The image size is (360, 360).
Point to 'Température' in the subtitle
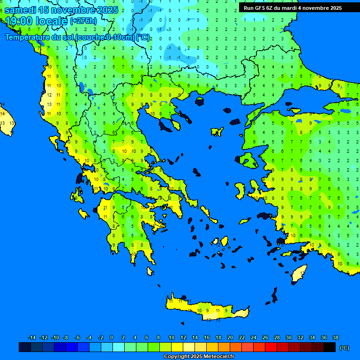29,37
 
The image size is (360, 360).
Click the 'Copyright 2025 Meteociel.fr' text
199,357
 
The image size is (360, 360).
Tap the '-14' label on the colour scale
32,337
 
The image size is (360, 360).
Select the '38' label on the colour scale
335,337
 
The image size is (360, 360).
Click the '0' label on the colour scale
112,337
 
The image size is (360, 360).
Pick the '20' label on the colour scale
230,337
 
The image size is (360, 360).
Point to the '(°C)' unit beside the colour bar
344,348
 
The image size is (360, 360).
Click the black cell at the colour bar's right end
330,347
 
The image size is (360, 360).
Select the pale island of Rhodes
299,274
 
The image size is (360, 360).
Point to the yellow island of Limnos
217,132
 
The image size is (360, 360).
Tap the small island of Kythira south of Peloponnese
150,271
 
